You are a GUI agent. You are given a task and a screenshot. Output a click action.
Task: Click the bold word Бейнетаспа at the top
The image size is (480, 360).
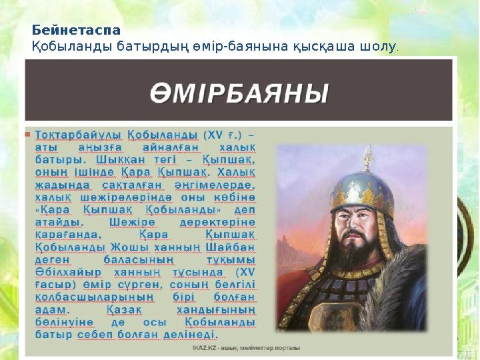pos(77,31)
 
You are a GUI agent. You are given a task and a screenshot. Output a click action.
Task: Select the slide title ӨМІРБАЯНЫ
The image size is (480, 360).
pos(239,91)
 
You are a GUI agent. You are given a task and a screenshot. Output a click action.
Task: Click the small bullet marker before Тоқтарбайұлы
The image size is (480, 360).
pos(28,134)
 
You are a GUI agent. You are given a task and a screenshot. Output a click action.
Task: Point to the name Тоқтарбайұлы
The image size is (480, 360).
pos(74,134)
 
